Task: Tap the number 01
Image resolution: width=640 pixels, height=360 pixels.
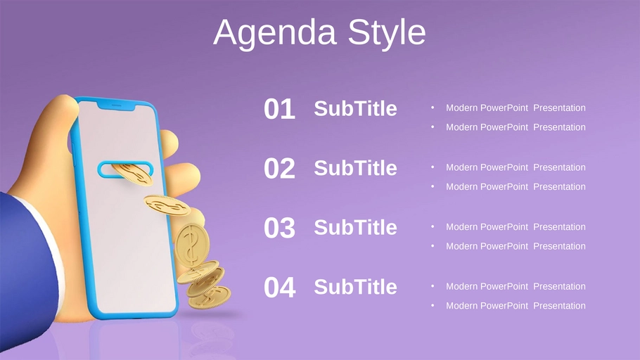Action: pos(279,109)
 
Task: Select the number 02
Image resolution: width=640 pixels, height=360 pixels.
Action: pos(279,168)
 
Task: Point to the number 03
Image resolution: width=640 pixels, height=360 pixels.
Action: pos(279,228)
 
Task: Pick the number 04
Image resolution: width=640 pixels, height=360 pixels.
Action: pos(280,288)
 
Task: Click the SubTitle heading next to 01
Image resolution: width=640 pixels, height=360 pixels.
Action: pos(355,108)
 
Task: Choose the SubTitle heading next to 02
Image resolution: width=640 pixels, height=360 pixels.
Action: pos(355,168)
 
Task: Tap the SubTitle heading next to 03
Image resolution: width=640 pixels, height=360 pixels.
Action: pos(355,227)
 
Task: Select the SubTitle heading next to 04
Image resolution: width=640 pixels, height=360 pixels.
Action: pos(355,287)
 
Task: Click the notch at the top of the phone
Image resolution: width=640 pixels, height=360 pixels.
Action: pos(116,105)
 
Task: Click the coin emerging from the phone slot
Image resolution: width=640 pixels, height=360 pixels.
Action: pos(133,174)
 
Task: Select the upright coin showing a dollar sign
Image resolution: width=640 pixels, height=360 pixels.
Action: pos(191,245)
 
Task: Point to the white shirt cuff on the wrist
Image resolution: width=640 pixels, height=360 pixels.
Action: pos(52,245)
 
